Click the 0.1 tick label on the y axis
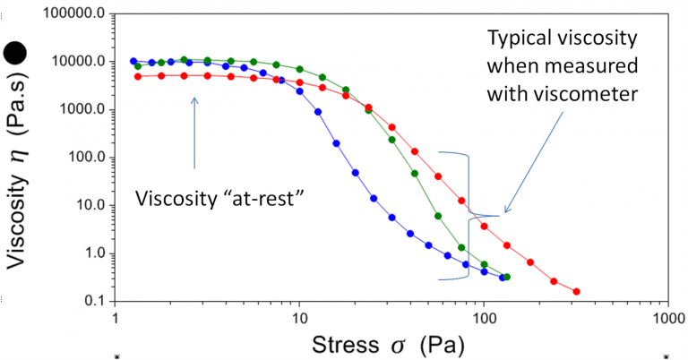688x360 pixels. click(93, 301)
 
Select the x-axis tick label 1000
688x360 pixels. click(666, 318)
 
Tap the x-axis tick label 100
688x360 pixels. click(484, 318)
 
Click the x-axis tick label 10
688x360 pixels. click(299, 318)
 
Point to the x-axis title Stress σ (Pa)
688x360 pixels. click(394, 344)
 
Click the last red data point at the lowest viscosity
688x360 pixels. click(576, 291)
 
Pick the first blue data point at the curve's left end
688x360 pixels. click(133, 61)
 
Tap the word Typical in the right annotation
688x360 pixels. click(518, 39)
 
